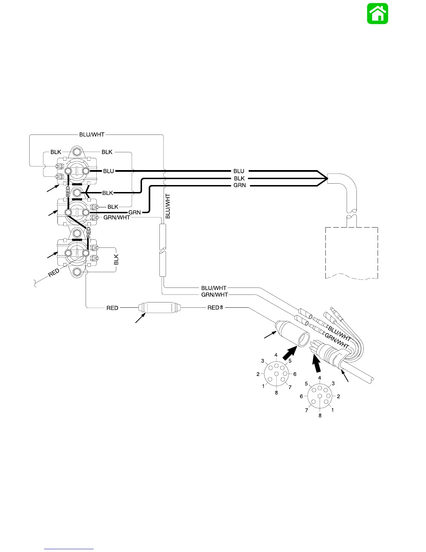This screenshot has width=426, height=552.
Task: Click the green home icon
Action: (377, 14)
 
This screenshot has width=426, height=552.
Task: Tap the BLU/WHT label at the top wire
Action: (92, 135)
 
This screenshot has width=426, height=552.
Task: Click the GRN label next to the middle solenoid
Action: (135, 212)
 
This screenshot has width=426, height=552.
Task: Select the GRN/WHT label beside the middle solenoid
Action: (117, 218)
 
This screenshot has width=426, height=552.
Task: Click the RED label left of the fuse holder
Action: (112, 308)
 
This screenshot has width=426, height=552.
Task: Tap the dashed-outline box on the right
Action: (352, 253)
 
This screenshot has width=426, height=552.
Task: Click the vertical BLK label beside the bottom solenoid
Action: (117, 259)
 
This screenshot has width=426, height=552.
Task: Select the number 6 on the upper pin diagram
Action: (295, 374)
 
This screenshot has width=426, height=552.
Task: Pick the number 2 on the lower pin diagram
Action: (338, 396)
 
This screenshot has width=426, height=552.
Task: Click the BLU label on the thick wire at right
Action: (239, 171)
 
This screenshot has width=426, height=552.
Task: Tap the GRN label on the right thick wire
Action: (239, 185)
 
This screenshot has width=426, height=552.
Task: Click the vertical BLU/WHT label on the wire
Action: (168, 206)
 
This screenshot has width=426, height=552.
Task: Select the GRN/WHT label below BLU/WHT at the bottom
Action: (214, 295)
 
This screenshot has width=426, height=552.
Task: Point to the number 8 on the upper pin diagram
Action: (276, 393)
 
